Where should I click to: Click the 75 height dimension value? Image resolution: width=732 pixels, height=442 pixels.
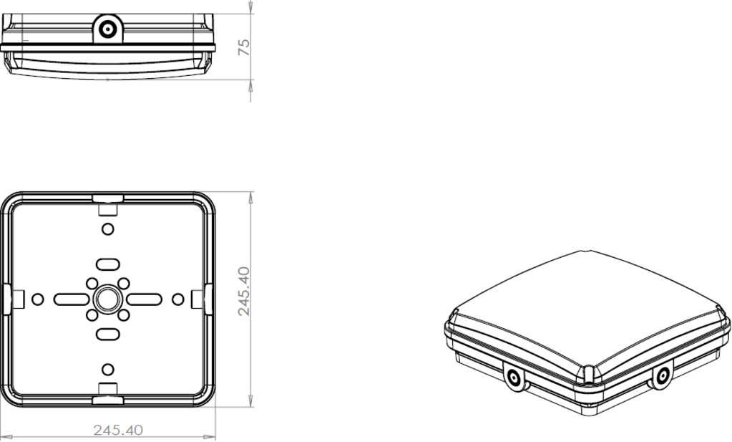(244, 47)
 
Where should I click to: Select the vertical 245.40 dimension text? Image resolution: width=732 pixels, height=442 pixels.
(244, 291)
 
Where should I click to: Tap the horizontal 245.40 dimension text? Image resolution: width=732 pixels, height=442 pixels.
(118, 430)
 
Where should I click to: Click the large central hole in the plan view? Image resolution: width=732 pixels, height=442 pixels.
(107, 298)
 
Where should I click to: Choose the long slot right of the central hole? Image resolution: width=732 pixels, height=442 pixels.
(143, 298)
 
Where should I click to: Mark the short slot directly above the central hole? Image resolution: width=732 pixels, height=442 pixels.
(107, 263)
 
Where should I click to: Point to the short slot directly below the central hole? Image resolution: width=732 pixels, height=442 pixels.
(107, 334)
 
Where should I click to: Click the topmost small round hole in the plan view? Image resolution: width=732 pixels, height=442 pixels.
(107, 229)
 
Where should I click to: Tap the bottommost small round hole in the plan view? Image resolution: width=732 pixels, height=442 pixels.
(107, 369)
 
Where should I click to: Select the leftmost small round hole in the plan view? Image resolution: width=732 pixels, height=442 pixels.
(38, 298)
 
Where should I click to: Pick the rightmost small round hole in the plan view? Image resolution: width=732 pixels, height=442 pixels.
(177, 298)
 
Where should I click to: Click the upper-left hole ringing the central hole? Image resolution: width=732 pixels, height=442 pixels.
(92, 283)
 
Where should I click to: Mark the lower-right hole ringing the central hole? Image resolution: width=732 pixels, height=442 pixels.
(123, 314)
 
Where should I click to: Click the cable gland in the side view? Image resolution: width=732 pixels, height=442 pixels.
(108, 29)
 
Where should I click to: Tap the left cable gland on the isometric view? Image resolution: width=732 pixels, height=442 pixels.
(513, 378)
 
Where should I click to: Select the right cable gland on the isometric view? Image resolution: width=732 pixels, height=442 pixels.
(662, 375)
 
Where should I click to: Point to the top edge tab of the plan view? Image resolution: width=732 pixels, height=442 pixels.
(107, 198)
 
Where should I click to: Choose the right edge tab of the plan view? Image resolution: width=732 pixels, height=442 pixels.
(208, 298)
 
